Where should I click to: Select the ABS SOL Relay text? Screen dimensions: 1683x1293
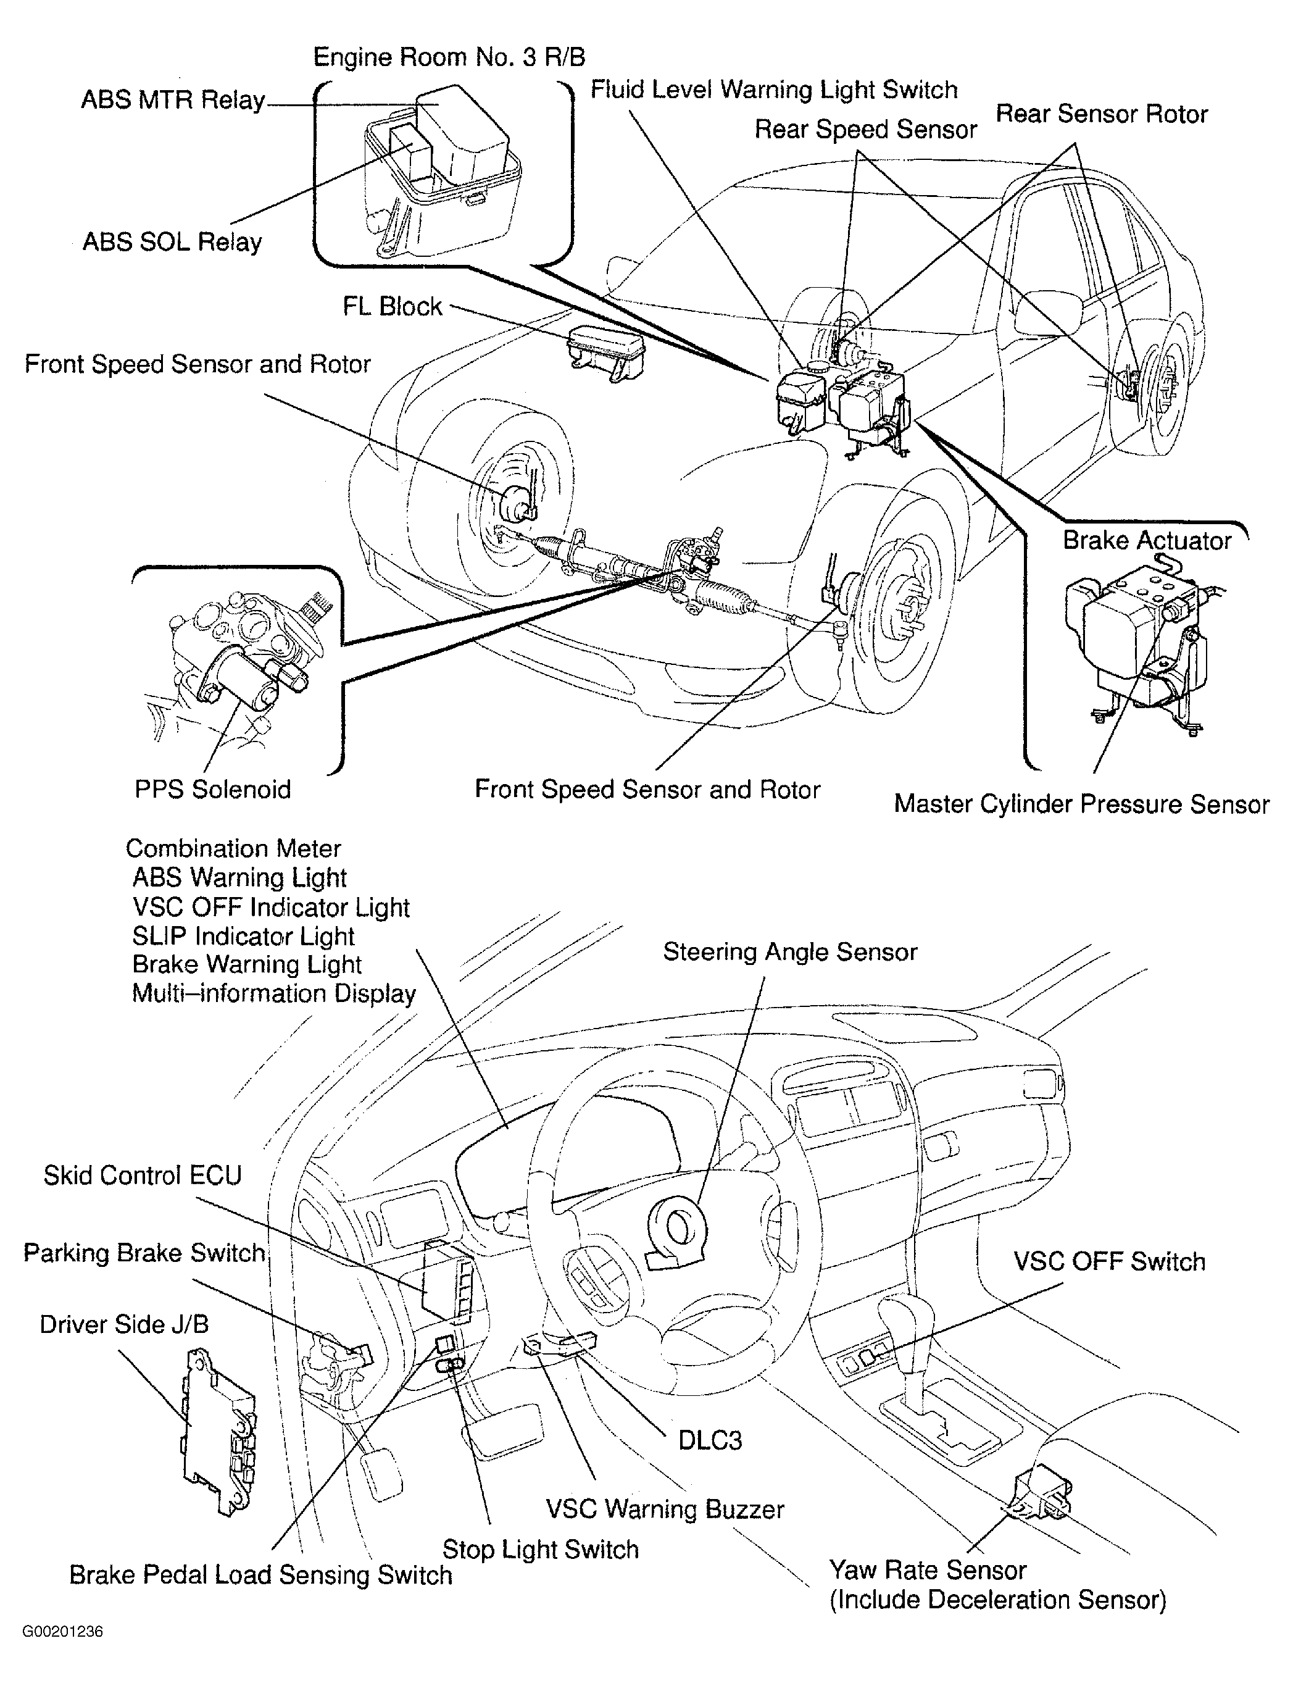[172, 242]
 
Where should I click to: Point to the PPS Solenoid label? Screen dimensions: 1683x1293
[212, 789]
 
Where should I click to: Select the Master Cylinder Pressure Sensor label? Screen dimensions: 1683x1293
[1081, 804]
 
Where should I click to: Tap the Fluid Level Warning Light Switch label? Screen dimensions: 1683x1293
[773, 90]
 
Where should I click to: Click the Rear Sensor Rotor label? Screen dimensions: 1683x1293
[1101, 114]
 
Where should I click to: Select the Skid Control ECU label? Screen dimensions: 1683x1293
[143, 1176]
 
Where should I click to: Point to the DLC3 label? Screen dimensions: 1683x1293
[710, 1440]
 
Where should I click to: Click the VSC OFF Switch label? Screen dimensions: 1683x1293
[1108, 1262]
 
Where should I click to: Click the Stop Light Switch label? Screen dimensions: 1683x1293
[540, 1549]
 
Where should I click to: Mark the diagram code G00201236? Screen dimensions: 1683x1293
[62, 1653]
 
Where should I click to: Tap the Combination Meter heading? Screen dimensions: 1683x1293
[233, 848]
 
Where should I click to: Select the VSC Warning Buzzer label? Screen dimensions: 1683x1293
[665, 1509]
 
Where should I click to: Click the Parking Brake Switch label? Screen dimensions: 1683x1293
[144, 1253]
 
